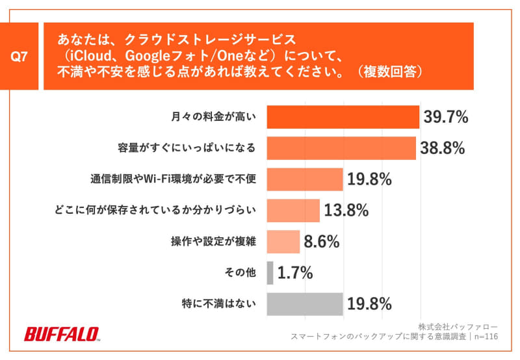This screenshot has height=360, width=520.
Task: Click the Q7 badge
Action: tap(21, 57)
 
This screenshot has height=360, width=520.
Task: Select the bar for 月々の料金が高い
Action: tap(343, 117)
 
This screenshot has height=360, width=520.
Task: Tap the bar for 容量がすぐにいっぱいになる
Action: tap(341, 148)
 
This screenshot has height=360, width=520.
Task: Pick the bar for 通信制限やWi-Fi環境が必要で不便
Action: tap(304, 179)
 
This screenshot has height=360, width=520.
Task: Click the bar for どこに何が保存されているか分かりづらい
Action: tap(293, 211)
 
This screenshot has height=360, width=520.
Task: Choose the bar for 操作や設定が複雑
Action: tap(283, 242)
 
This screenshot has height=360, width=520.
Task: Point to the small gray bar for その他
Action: tap(270, 273)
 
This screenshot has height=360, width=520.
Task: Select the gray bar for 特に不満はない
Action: tap(304, 303)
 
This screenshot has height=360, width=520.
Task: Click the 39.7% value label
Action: tap(446, 117)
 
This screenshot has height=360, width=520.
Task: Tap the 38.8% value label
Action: tap(443, 148)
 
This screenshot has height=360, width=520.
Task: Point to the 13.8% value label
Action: tap(346, 211)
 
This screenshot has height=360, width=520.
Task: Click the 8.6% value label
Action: tap(322, 242)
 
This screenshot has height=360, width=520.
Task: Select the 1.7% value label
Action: tap(295, 273)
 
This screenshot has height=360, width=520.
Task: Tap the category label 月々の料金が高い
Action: tap(214, 117)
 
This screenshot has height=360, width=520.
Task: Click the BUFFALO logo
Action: tap(62, 334)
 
